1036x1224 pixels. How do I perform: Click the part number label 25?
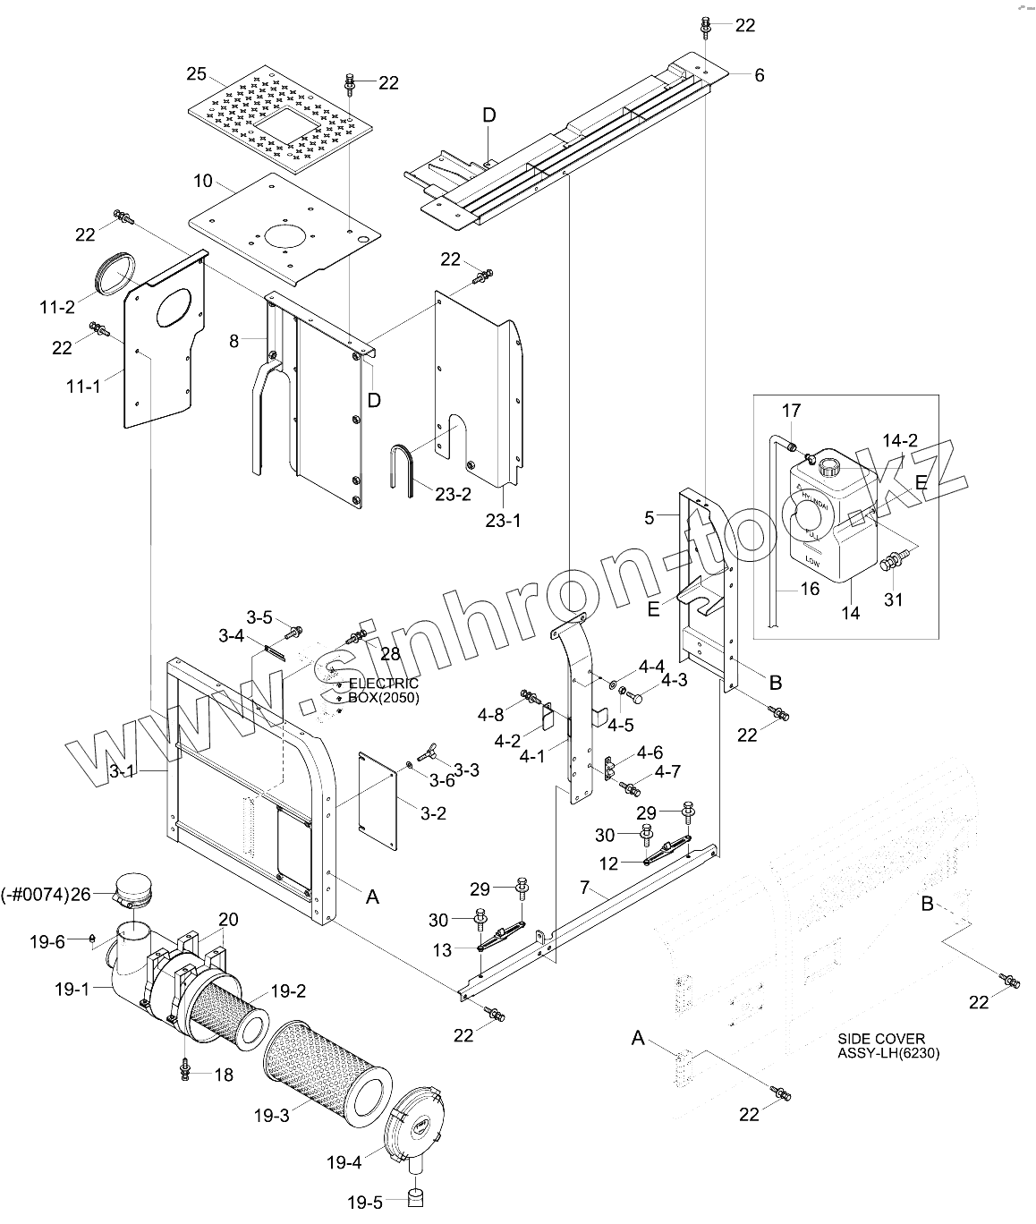(x=197, y=72)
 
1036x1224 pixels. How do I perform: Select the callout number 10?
(x=203, y=181)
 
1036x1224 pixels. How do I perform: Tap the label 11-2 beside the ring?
(x=56, y=307)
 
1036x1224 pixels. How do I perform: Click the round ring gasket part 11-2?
(x=115, y=272)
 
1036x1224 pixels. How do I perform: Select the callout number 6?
(x=760, y=75)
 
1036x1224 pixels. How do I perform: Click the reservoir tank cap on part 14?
(x=828, y=467)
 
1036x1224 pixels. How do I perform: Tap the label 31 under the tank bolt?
(x=894, y=599)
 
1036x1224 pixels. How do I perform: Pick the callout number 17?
(x=792, y=411)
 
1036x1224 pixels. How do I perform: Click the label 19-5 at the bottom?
(x=365, y=1203)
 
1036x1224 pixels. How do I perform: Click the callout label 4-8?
(x=490, y=715)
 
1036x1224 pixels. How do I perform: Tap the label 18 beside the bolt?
(x=222, y=1075)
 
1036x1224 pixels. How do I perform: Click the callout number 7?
(x=585, y=888)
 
